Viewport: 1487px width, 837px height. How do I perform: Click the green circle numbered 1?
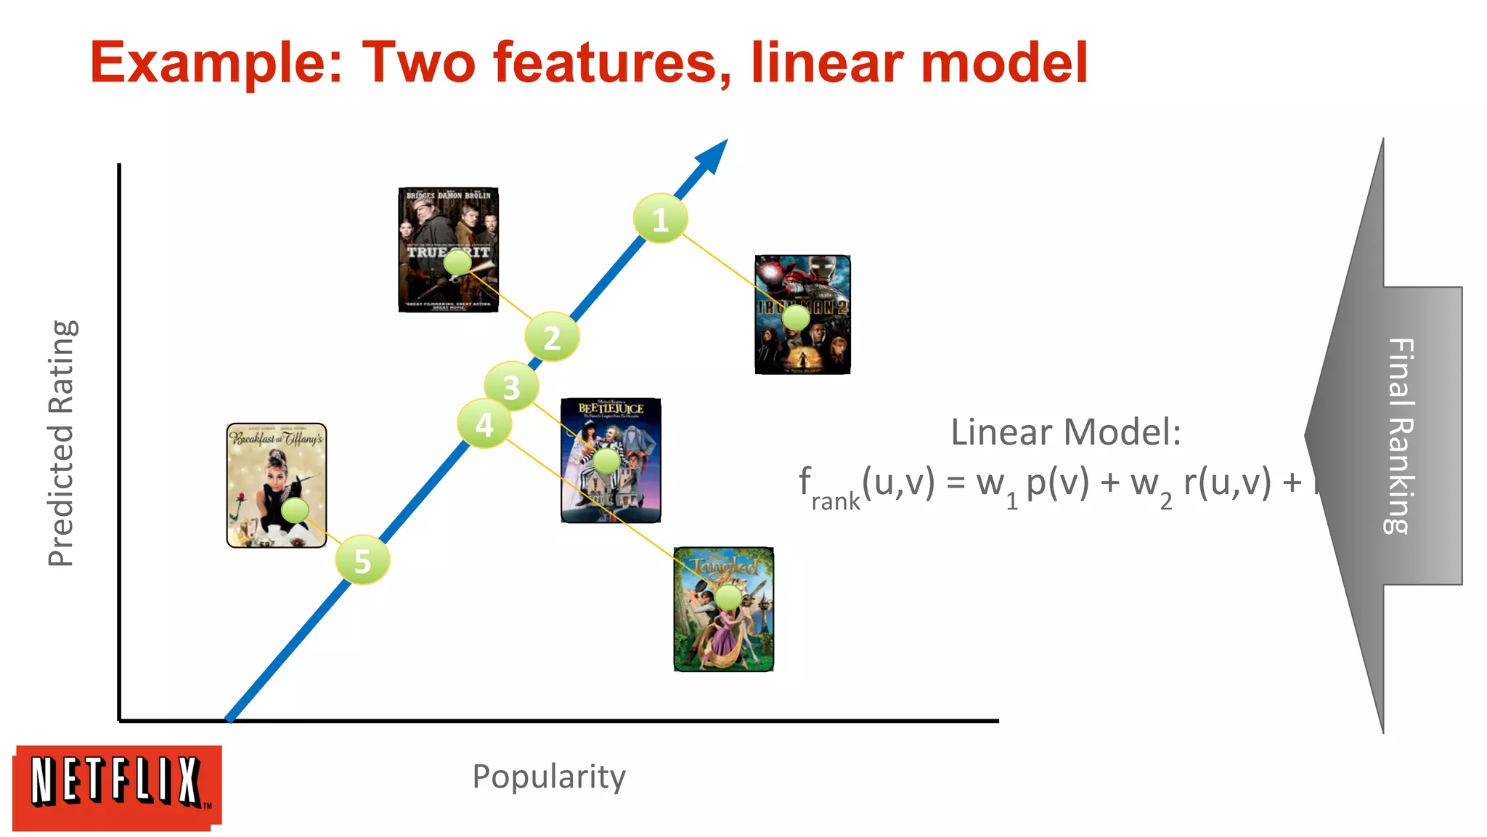tap(660, 219)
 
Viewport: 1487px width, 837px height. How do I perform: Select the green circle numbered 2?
tap(552, 337)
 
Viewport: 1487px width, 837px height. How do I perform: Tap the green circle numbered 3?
tap(511, 387)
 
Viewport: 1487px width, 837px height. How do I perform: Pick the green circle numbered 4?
tap(484, 424)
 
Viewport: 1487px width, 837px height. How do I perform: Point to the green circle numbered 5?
tap(362, 560)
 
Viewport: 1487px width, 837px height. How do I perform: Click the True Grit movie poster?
tap(448, 218)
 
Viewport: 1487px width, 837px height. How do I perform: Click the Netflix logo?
tap(117, 787)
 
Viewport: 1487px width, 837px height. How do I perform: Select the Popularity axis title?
tap(549, 777)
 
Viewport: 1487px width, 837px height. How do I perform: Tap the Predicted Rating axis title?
tap(61, 443)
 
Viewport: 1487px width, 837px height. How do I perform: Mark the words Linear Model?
tap(1065, 432)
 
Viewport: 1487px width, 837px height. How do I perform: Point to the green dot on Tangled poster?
tap(728, 597)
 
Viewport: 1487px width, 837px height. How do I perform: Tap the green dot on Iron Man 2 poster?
tap(796, 318)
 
